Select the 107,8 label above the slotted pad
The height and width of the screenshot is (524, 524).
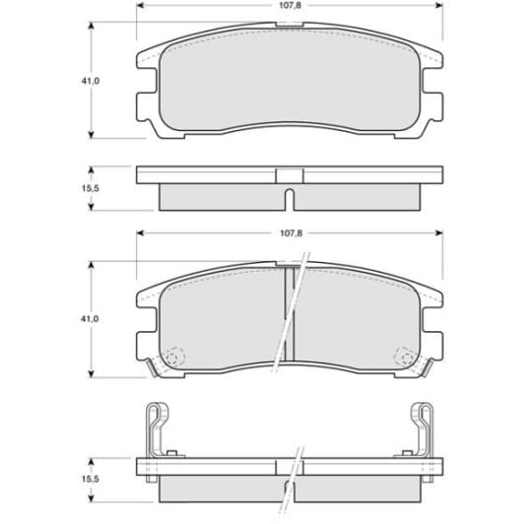[x=289, y=234]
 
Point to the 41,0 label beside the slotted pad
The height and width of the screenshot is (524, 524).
[x=90, y=320]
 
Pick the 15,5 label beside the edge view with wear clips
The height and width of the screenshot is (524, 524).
[x=90, y=479]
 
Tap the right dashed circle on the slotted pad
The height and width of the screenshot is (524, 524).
[x=403, y=358]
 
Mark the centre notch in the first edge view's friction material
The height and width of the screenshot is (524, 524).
[x=288, y=199]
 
